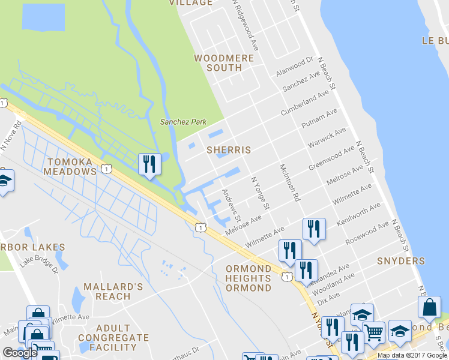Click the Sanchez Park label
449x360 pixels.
(x=183, y=122)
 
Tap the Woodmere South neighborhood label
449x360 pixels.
(x=224, y=63)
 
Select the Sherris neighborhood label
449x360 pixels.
(x=228, y=149)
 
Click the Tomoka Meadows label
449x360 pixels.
(x=70, y=167)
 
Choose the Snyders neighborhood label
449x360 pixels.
(x=401, y=261)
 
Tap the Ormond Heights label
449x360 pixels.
(x=249, y=278)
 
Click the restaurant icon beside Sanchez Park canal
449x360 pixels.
(x=149, y=164)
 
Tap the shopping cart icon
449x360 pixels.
(x=374, y=332)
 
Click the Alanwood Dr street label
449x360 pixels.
(x=295, y=66)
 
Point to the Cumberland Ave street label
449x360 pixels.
(x=305, y=103)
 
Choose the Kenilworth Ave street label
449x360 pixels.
(x=359, y=215)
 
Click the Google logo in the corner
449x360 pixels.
(x=20, y=353)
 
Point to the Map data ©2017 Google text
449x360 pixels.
(x=412, y=356)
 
